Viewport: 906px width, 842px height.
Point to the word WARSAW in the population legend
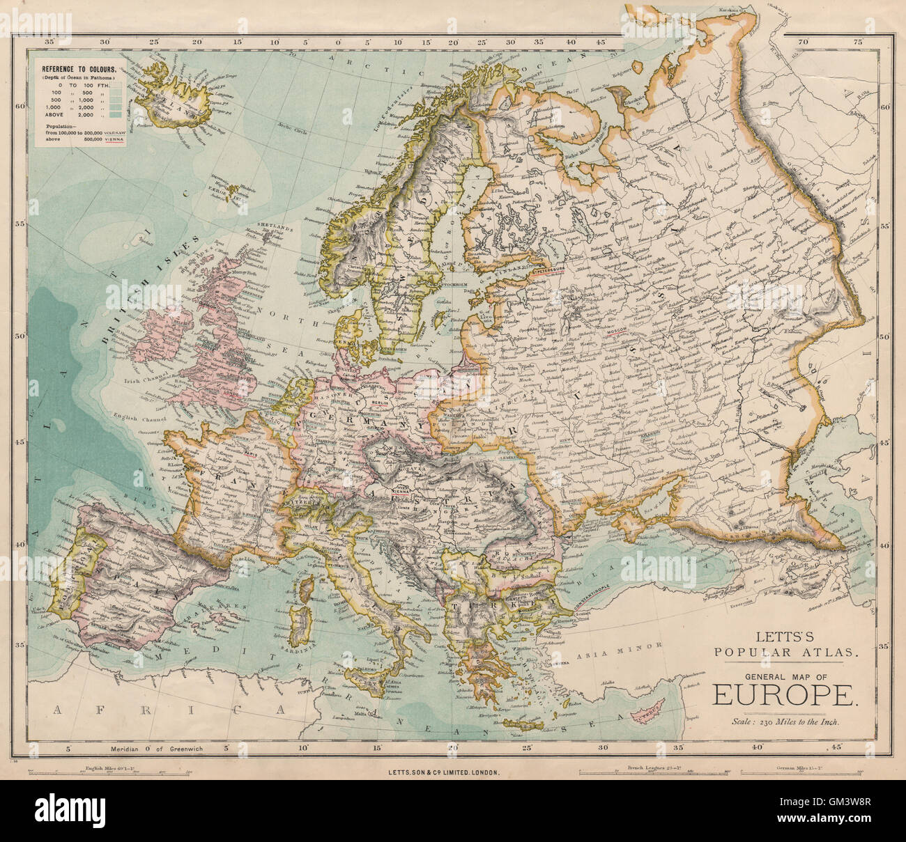114,132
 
